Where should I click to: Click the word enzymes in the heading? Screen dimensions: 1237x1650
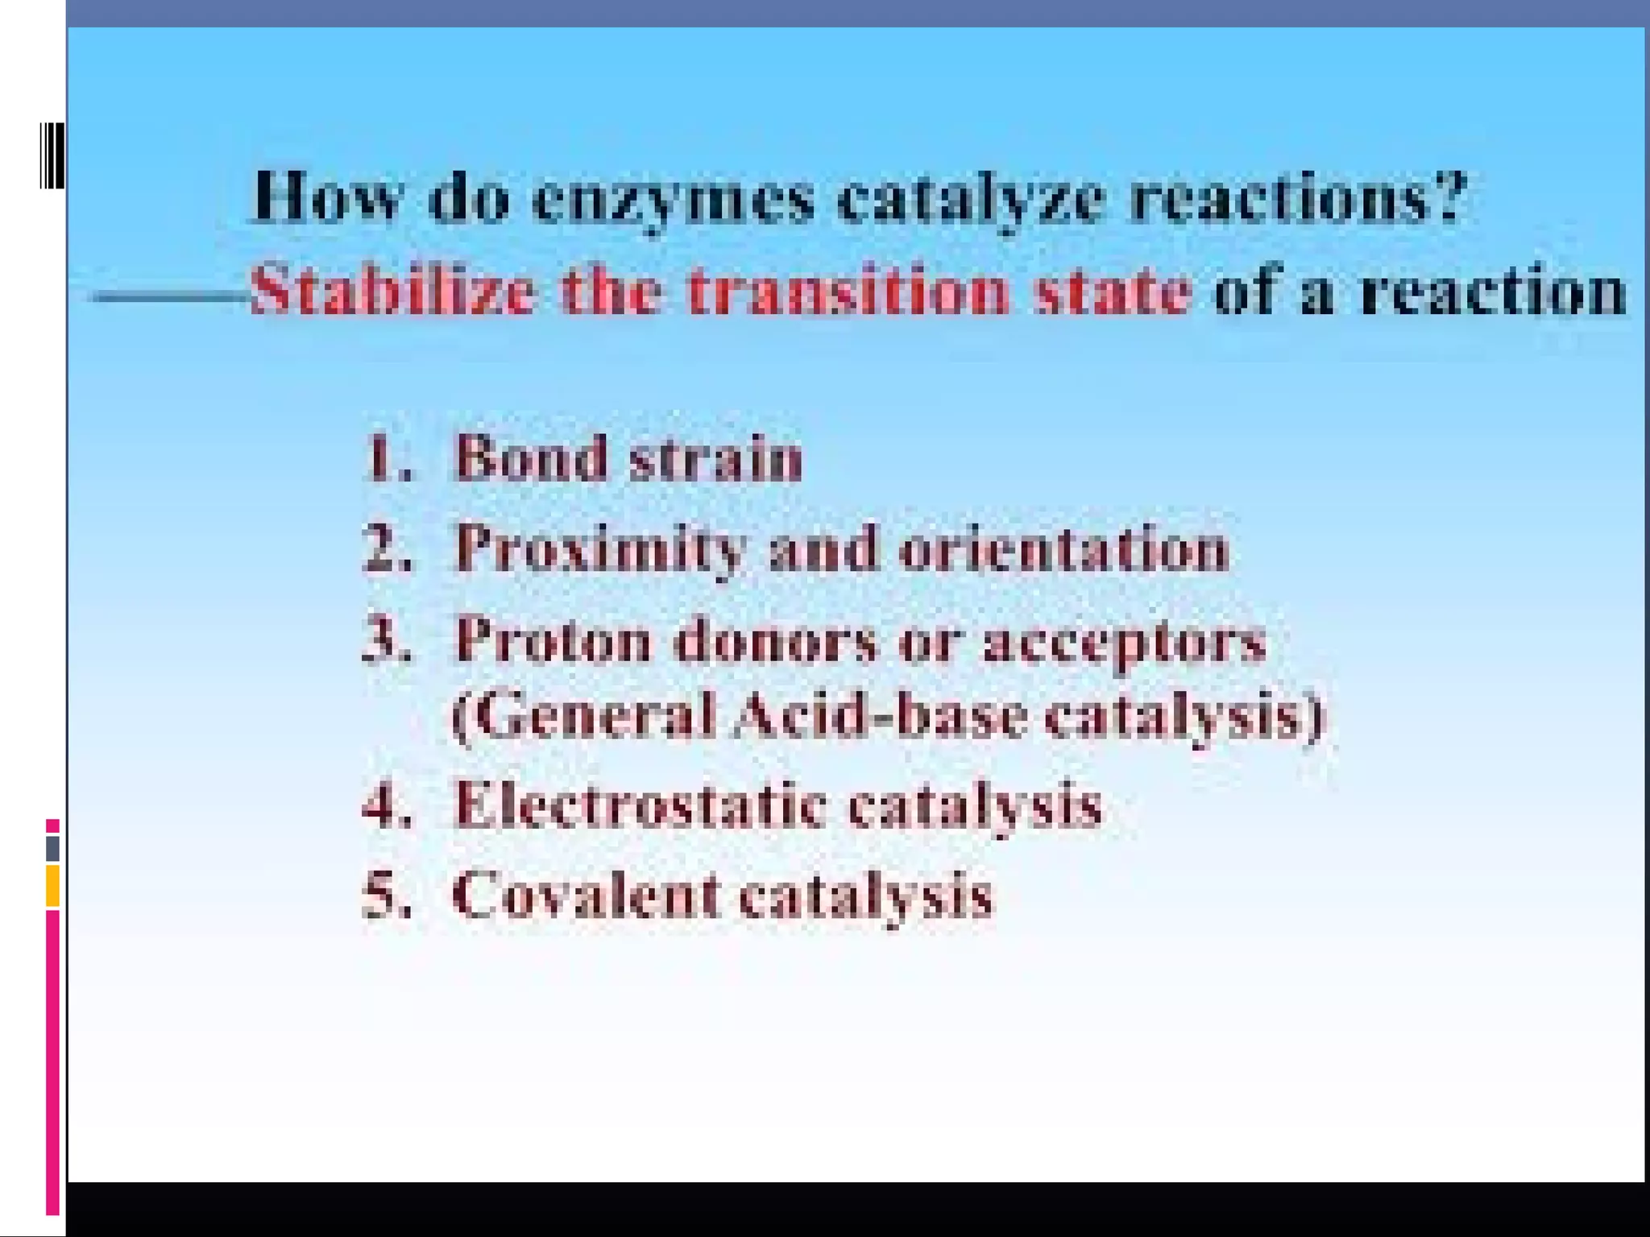point(674,200)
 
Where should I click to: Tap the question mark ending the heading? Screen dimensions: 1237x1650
point(1447,195)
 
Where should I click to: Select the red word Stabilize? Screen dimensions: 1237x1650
point(392,290)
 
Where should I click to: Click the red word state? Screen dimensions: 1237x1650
point(1112,290)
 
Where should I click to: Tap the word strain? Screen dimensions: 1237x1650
point(715,459)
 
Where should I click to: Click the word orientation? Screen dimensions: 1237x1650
point(1063,549)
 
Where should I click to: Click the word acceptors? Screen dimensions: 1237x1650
point(1125,643)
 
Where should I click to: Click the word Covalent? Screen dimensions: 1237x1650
point(585,896)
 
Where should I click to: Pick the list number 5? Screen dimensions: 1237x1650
point(385,896)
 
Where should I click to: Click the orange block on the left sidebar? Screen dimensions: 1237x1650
point(52,885)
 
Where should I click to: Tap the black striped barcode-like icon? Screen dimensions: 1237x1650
point(52,155)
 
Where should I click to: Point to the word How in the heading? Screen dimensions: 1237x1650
point(325,197)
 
